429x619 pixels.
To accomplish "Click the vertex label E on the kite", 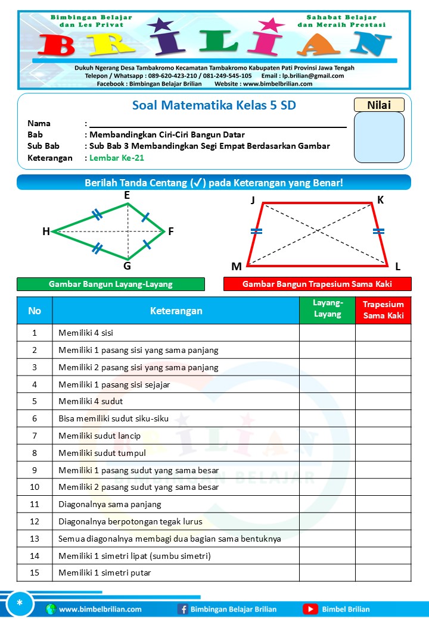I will [x=127, y=195].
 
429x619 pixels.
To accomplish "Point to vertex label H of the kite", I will [x=46, y=232].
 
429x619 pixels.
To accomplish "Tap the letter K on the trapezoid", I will [x=380, y=200].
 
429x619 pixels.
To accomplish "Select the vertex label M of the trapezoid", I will [x=237, y=265].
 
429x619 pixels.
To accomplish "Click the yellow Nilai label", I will [x=379, y=105].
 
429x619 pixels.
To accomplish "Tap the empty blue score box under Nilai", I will [x=379, y=137].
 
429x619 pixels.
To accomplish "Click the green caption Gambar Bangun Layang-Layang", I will [x=111, y=284].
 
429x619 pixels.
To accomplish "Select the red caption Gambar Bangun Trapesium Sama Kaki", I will [x=317, y=284].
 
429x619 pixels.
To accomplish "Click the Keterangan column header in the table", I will [x=176, y=311].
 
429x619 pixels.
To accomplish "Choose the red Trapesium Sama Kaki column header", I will [x=383, y=310].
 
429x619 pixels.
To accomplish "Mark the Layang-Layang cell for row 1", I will [x=327, y=333].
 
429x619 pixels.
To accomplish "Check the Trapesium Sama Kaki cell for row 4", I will [x=383, y=384].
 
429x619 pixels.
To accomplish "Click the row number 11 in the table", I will [x=35, y=504].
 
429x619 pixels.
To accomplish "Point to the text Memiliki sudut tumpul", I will [x=102, y=453].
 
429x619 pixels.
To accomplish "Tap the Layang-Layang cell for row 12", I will [x=327, y=521].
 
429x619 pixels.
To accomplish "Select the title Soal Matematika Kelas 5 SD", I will [x=213, y=106].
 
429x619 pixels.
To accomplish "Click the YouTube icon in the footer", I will [x=310, y=609].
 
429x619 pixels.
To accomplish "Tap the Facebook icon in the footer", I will [x=183, y=609].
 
